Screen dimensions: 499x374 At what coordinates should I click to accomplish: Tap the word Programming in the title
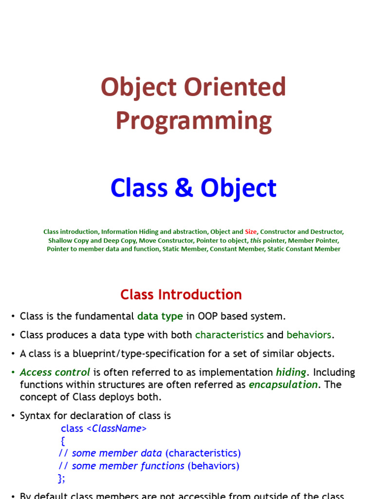(193, 121)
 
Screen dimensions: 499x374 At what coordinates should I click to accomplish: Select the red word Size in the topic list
(251, 232)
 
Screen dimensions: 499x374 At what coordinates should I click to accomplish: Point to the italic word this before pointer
(256, 241)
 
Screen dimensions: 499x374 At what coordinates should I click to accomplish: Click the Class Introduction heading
(181, 295)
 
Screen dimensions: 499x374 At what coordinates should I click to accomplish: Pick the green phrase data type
(160, 316)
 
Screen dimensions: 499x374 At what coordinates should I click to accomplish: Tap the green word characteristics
(229, 335)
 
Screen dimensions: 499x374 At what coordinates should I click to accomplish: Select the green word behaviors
(309, 335)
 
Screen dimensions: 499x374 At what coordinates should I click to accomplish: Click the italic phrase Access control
(55, 372)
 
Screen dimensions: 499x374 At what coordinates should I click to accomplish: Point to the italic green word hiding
(291, 372)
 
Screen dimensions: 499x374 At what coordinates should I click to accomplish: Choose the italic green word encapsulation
(283, 384)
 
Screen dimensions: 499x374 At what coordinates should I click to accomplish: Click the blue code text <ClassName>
(116, 429)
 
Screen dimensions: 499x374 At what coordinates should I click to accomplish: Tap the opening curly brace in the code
(62, 441)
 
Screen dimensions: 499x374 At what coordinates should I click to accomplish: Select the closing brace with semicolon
(61, 478)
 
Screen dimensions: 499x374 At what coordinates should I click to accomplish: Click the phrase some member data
(117, 453)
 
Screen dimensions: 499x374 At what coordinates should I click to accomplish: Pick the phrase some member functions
(128, 466)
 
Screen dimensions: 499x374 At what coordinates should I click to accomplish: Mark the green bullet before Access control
(13, 373)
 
